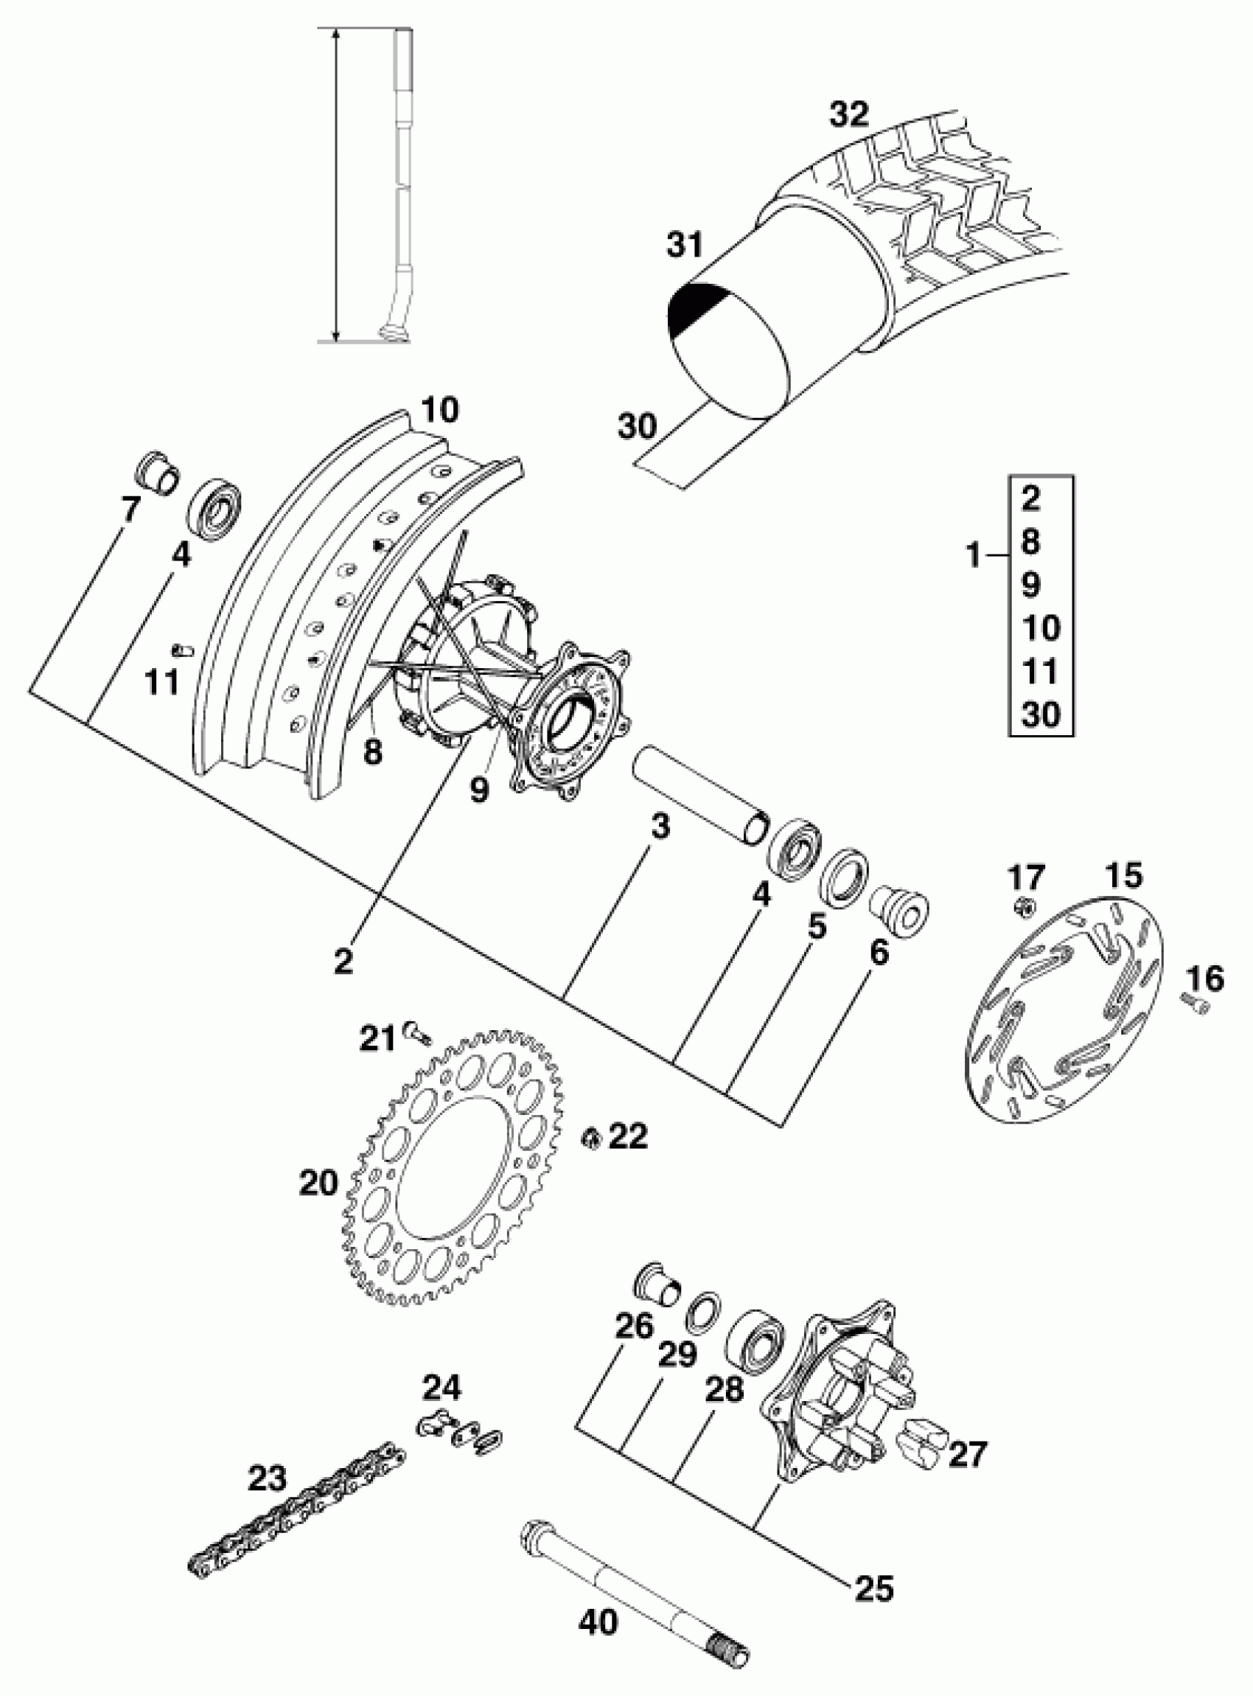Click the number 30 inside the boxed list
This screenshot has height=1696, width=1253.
1041,713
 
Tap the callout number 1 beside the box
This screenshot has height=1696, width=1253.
973,557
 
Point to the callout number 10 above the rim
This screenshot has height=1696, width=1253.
439,411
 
